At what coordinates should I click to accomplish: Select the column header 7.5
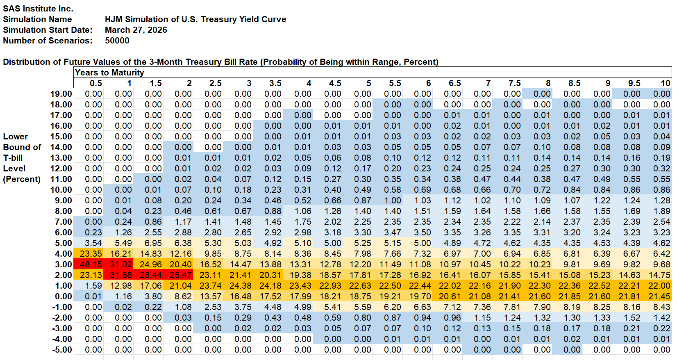coord(514,83)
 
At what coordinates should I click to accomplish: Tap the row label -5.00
coord(62,350)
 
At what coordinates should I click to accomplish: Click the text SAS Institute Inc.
coord(38,9)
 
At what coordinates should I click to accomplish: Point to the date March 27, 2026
coord(136,30)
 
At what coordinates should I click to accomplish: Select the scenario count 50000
coord(117,41)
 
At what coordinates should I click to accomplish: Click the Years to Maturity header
coord(109,73)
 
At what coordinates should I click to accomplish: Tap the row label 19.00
coord(61,94)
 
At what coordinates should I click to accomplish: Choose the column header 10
coord(665,83)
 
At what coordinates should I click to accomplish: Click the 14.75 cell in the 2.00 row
coord(659,275)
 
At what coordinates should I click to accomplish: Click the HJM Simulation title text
coord(195,19)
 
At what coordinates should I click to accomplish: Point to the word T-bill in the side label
coord(13,158)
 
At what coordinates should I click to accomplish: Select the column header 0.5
coord(95,83)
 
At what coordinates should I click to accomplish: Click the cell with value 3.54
coord(93,243)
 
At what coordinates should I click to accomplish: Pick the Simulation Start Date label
coord(48,30)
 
